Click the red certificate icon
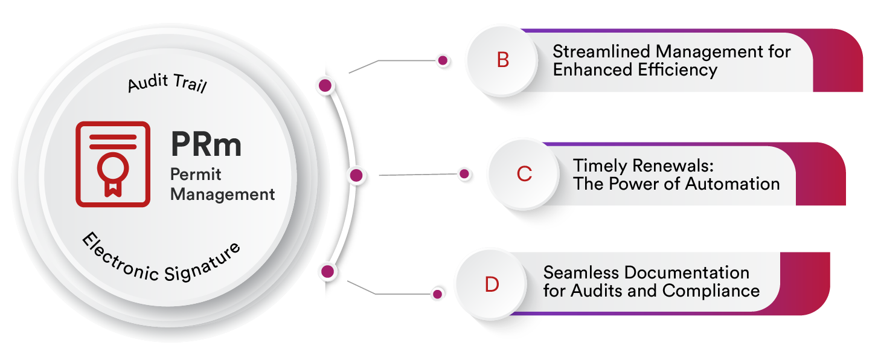point(112,164)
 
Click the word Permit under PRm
point(196,175)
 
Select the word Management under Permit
point(222,194)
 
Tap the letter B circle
point(502,60)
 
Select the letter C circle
point(524,175)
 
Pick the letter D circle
point(492,284)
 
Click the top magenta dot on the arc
point(325,86)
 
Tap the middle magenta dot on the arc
point(356,176)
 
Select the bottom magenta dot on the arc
point(327,271)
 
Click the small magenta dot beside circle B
point(443,60)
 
